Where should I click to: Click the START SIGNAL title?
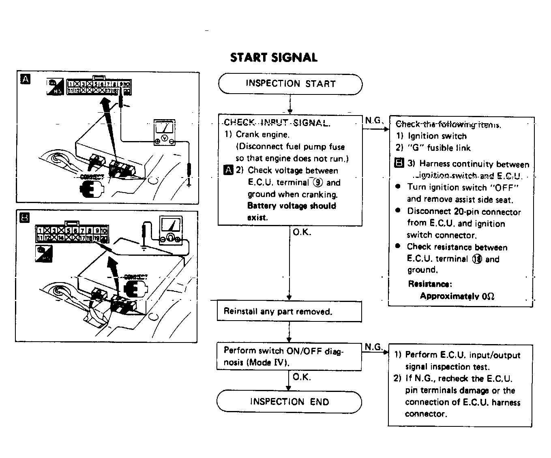(x=274, y=57)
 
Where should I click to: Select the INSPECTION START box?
(x=290, y=84)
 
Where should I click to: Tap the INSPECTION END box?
(x=289, y=402)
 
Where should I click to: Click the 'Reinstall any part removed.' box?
(x=289, y=311)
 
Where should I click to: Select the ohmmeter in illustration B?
(x=171, y=230)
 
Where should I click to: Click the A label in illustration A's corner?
(x=25, y=79)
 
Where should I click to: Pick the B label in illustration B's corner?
(x=25, y=218)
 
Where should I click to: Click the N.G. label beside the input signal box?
(x=373, y=120)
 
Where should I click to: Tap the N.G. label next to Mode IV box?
(x=373, y=347)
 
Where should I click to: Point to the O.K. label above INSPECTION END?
(x=302, y=377)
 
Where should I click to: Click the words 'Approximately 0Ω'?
(x=457, y=296)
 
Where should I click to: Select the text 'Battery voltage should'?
(x=292, y=205)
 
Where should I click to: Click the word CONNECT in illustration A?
(x=92, y=177)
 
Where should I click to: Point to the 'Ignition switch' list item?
(x=437, y=136)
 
